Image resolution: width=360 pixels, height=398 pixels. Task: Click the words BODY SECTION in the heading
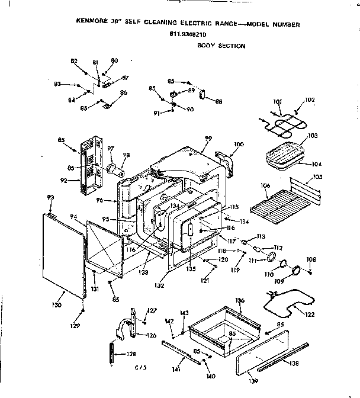click(221, 45)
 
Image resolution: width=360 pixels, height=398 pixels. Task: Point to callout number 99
click(208, 139)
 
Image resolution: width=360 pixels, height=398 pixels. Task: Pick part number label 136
click(240, 300)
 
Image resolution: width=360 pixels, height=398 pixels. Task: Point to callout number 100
click(239, 144)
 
